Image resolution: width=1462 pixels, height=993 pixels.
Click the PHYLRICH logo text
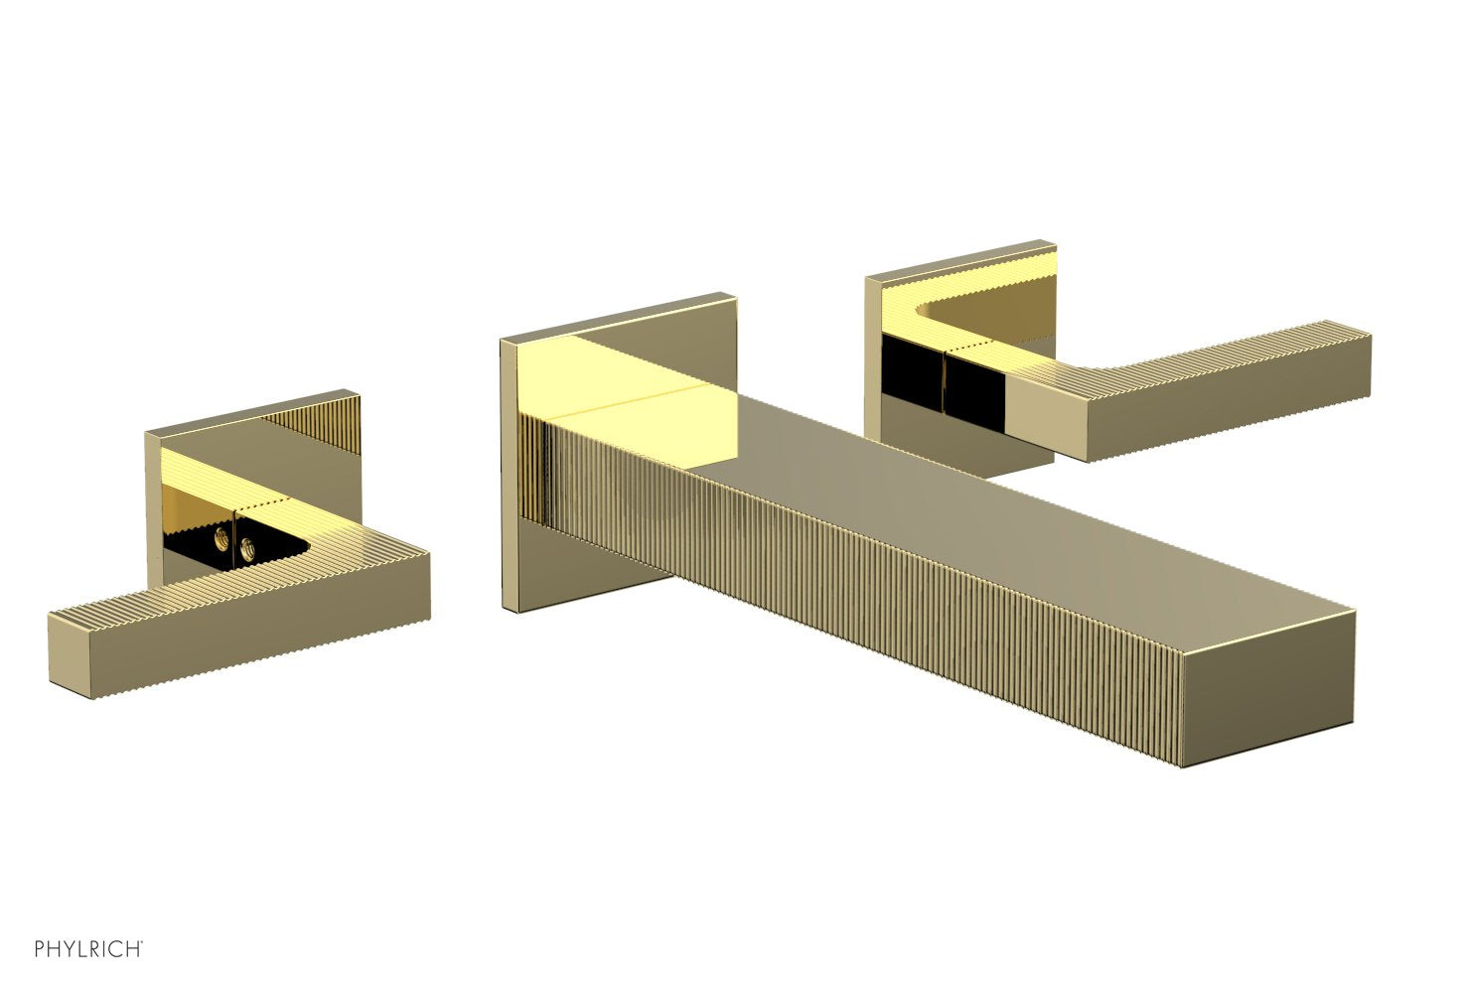[87, 949]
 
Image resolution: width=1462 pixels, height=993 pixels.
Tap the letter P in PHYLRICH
[40, 949]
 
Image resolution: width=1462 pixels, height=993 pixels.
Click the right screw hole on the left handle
[245, 546]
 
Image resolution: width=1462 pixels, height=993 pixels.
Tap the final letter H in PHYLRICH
[134, 949]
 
